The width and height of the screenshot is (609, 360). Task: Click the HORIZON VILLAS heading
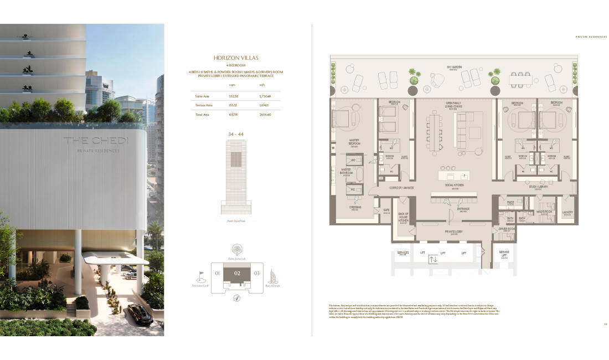pos(236,58)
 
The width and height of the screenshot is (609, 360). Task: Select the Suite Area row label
pos(202,96)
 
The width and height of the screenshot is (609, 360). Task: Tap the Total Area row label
pos(201,114)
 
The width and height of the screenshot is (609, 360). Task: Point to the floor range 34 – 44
pos(236,135)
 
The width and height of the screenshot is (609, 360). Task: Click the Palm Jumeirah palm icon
pos(236,249)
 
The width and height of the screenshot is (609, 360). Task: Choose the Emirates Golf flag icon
pos(200,274)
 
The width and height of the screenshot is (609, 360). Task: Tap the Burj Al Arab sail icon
pos(272,274)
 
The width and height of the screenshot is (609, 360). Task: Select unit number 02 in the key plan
pos(237,273)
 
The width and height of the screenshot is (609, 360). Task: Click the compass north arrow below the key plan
pos(236,298)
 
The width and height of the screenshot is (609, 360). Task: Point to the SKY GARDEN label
pos(455,68)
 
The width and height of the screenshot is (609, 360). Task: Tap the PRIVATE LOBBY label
pos(455,233)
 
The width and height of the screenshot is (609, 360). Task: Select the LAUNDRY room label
pos(567,213)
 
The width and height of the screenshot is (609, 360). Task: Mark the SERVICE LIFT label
pos(504,255)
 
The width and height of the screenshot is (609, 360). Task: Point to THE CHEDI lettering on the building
pos(95,141)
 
